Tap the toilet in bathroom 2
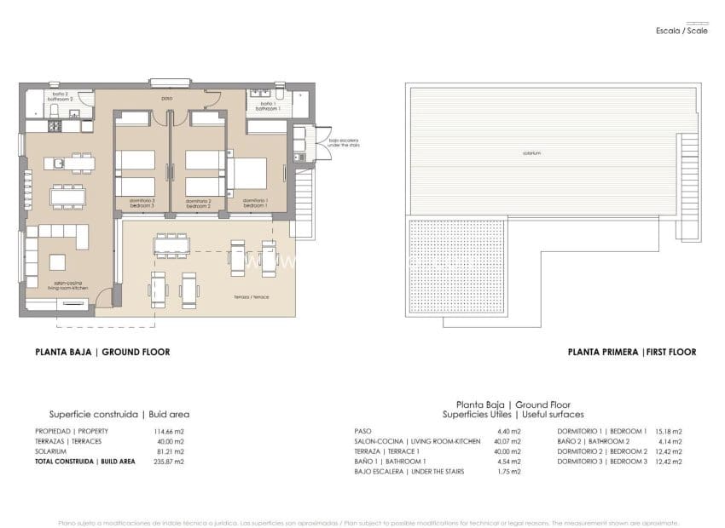[x=74, y=112]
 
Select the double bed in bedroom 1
[x=248, y=174]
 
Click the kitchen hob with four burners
[x=54, y=126]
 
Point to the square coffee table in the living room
[x=58, y=261]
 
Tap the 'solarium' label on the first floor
[x=532, y=153]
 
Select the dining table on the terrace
[x=171, y=245]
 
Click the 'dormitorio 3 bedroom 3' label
[x=142, y=204]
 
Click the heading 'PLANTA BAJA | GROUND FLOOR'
[x=101, y=352]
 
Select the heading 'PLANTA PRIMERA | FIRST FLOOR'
[x=631, y=352]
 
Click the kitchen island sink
[x=60, y=162]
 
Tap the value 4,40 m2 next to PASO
[x=510, y=431]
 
